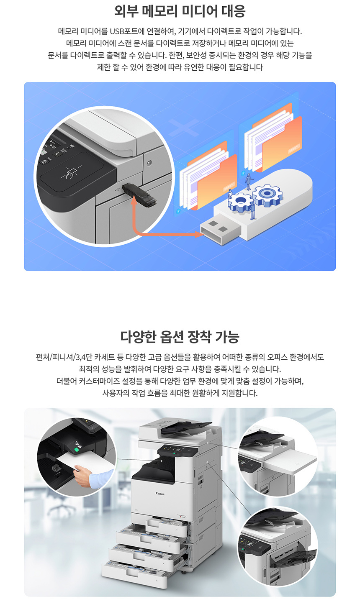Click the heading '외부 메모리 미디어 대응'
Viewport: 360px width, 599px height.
coord(180,11)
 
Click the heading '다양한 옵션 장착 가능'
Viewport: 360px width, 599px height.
coord(180,337)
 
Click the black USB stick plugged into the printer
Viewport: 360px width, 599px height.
coord(139,195)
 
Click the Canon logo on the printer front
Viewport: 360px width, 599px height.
coord(160,494)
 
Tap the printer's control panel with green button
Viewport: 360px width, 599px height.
coord(177,452)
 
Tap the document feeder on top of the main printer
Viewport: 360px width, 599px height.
coord(182,427)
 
